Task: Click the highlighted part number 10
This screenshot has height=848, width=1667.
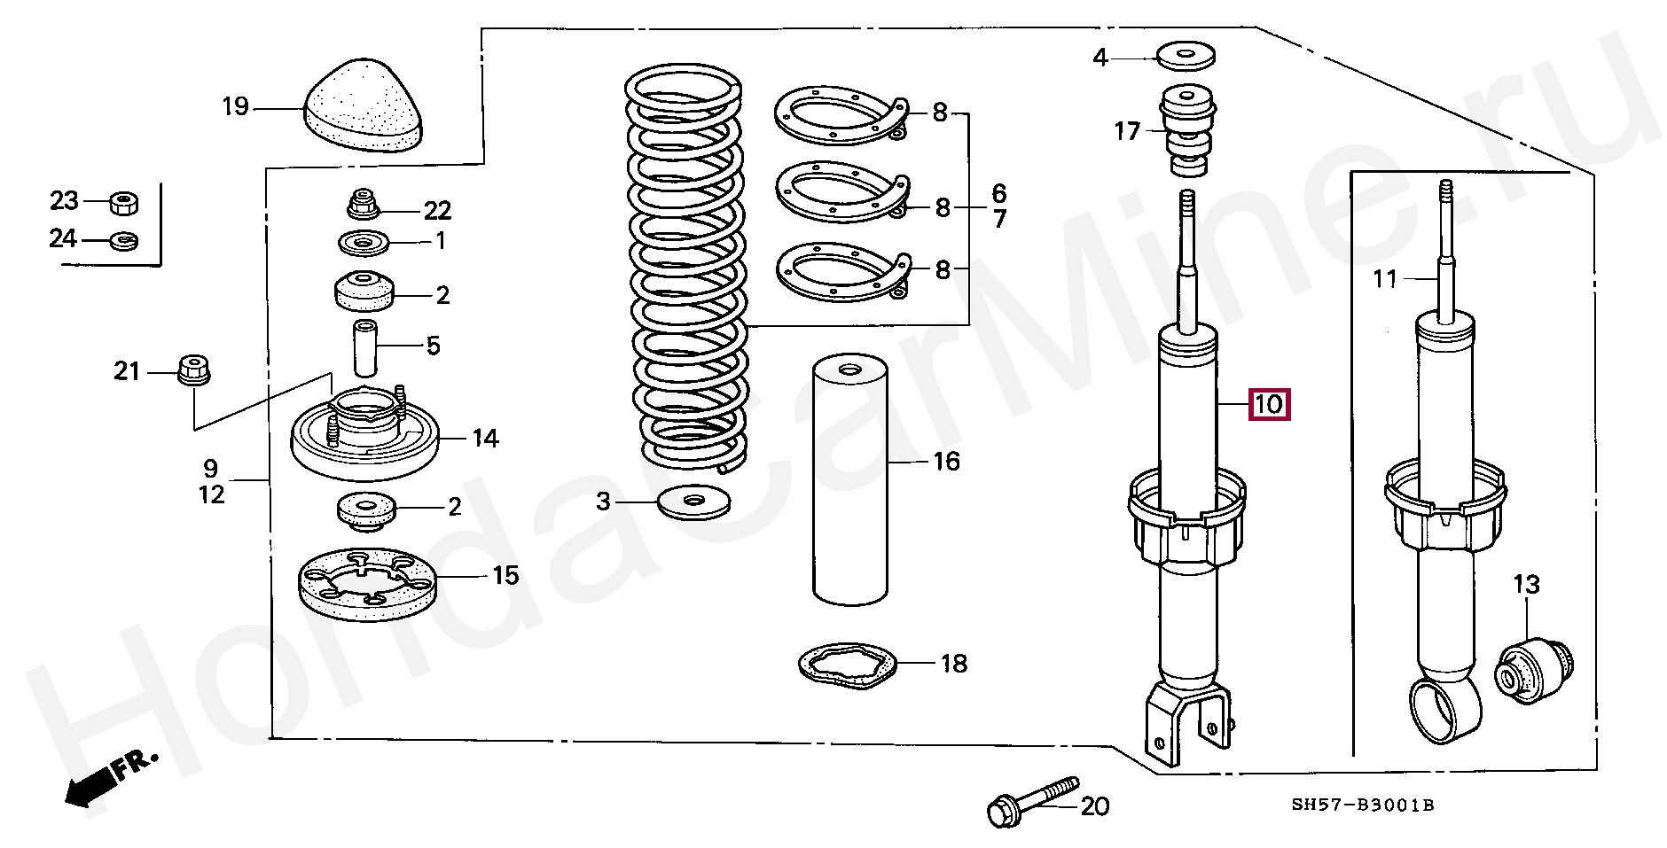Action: pos(1268,405)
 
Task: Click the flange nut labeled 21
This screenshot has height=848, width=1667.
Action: pos(192,370)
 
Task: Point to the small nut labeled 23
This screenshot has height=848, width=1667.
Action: pos(121,203)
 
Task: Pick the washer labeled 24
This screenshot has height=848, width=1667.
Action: pos(121,239)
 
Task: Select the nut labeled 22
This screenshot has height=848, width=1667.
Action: pos(362,206)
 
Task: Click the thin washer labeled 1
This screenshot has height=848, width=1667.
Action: pos(364,241)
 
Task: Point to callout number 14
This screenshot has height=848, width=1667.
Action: pos(485,439)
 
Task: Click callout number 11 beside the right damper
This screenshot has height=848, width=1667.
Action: pos(1385,280)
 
